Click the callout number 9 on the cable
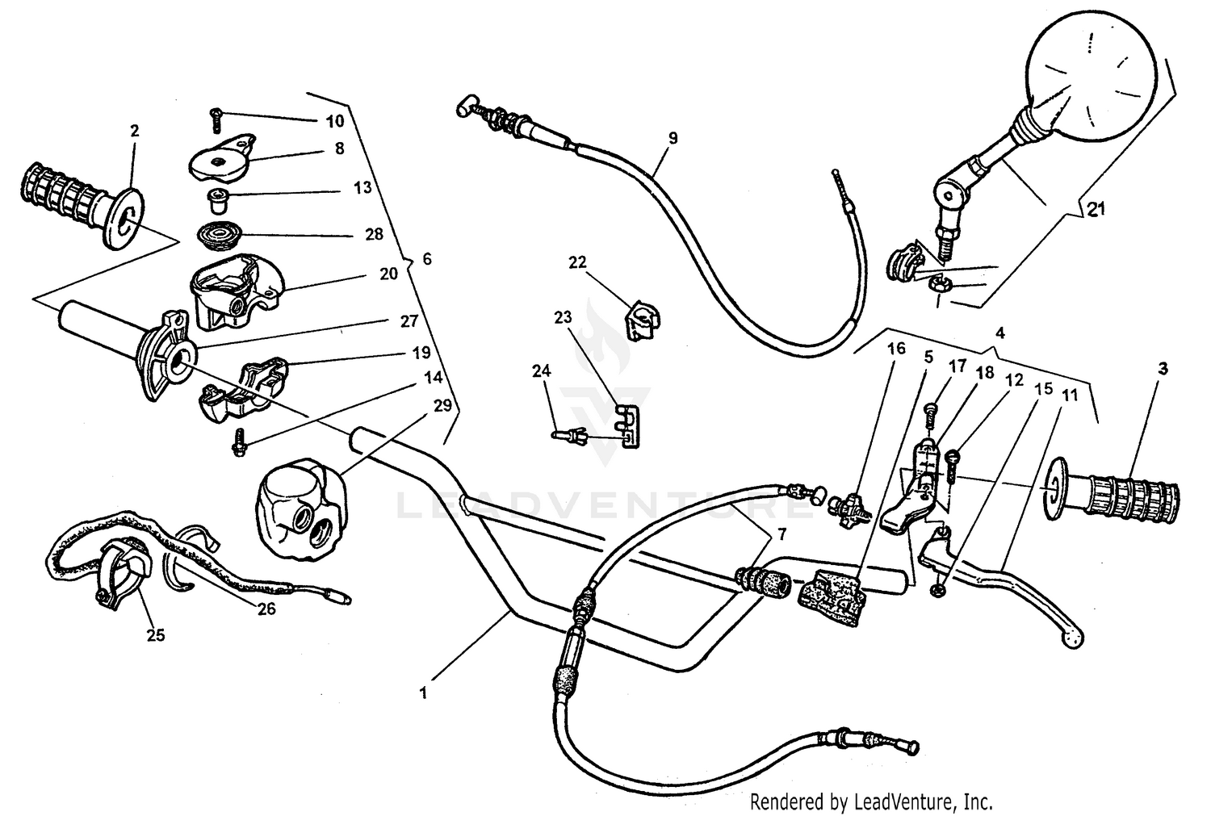pos(673,138)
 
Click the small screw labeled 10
pos(216,119)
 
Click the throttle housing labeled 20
pos(234,294)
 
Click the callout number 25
pos(156,635)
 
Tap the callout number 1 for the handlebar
pos(425,691)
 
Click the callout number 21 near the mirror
pos(1095,211)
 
